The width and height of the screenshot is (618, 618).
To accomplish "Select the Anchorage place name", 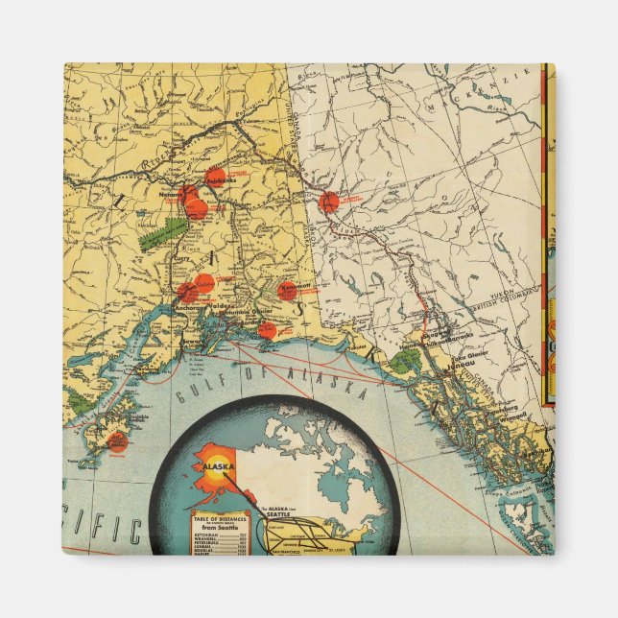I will point(188,308).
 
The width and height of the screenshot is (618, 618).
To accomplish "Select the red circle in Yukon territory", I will point(329,202).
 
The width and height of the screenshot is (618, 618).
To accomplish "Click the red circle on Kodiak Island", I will point(116,441).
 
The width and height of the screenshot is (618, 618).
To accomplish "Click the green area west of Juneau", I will point(407,361).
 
